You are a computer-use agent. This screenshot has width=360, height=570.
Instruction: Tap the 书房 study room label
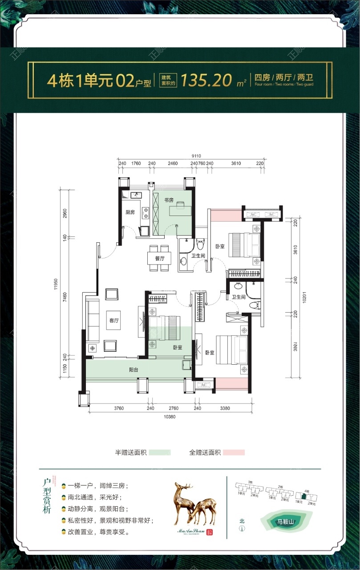pos(168,199)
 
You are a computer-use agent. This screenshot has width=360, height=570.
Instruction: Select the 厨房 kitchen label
pos(130,212)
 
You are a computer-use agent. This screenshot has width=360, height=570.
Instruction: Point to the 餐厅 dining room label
pos(160,258)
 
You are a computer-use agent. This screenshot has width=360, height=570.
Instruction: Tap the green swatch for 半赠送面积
pos(160,452)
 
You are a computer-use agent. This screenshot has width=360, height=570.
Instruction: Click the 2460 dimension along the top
pos(173,164)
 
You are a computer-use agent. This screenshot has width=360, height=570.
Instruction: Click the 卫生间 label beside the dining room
pos(198,256)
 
